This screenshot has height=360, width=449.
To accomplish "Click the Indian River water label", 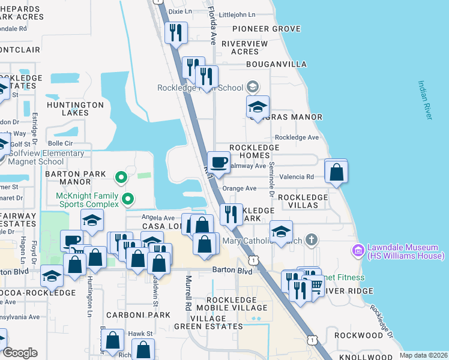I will (x=425, y=100).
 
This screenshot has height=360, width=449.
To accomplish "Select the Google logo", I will (x=20, y=353).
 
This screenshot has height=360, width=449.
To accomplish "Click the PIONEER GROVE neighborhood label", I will (x=266, y=29).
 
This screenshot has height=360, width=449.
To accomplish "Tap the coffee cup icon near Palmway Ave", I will (x=218, y=161).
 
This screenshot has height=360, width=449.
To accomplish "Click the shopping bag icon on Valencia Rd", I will (x=336, y=172).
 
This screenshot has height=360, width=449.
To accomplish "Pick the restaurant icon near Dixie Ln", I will (x=176, y=32).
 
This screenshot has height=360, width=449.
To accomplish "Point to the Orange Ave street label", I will (x=240, y=188).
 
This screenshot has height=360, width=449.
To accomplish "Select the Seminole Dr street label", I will (x=271, y=181).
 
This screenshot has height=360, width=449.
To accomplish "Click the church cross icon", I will (x=310, y=241).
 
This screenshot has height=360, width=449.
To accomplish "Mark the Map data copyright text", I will (x=424, y=355).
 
